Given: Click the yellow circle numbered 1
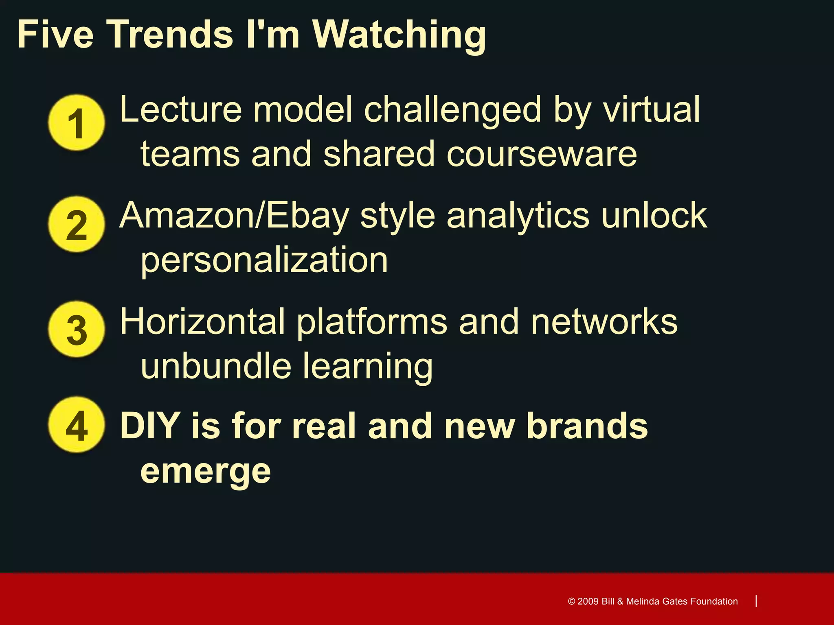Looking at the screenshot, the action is point(76,123).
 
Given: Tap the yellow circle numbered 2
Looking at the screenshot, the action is point(76,224).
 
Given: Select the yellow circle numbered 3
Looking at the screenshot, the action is point(76,329).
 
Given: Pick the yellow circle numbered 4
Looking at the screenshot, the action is point(76,425).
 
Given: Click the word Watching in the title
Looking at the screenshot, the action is point(399,36).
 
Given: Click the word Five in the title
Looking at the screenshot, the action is point(55,34).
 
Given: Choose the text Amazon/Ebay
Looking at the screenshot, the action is point(235,216).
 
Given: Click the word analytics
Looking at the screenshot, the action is point(518,216).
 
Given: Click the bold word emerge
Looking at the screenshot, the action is point(206,472).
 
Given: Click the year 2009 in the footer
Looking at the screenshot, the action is point(588,601).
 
